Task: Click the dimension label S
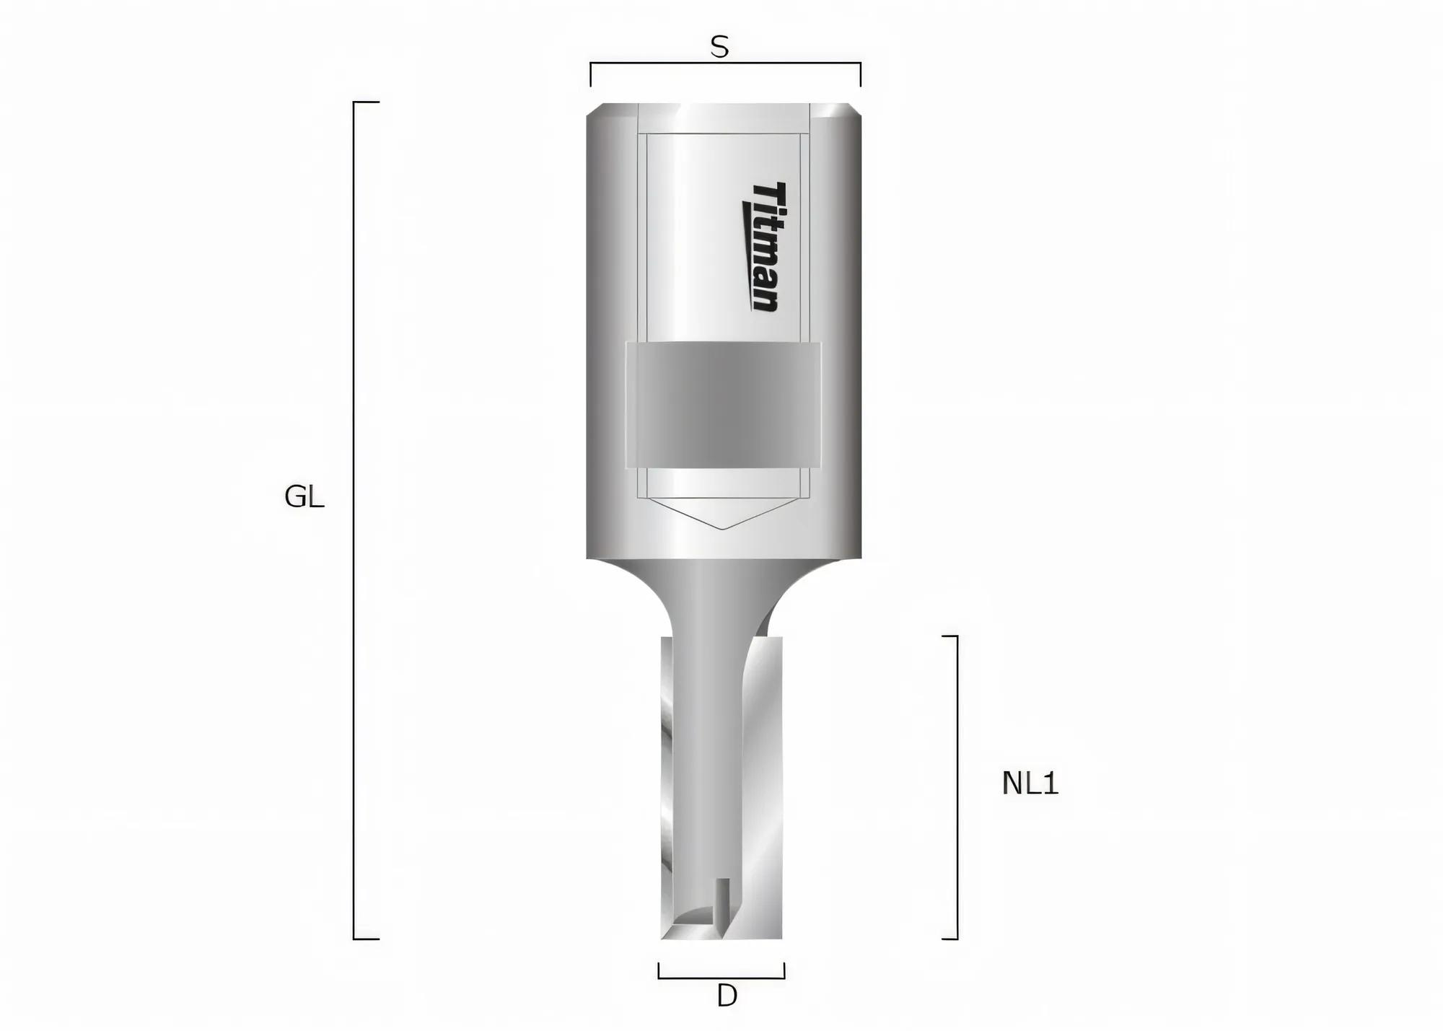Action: click(x=719, y=48)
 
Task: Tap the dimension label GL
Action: click(x=304, y=497)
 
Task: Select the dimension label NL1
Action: click(x=1030, y=784)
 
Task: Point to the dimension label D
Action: click(x=727, y=996)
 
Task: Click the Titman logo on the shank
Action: click(x=761, y=247)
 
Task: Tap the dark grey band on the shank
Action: click(x=723, y=405)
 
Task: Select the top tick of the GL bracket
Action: click(x=367, y=102)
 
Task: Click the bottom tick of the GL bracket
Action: click(x=367, y=939)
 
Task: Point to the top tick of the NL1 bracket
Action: click(x=950, y=636)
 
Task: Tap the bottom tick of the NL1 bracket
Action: click(x=950, y=939)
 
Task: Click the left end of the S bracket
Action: click(x=591, y=74)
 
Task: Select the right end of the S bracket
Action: click(x=860, y=74)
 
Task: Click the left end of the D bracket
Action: click(x=659, y=970)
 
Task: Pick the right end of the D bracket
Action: click(x=784, y=970)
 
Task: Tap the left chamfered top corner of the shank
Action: click(x=595, y=112)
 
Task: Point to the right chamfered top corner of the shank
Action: click(x=854, y=112)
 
